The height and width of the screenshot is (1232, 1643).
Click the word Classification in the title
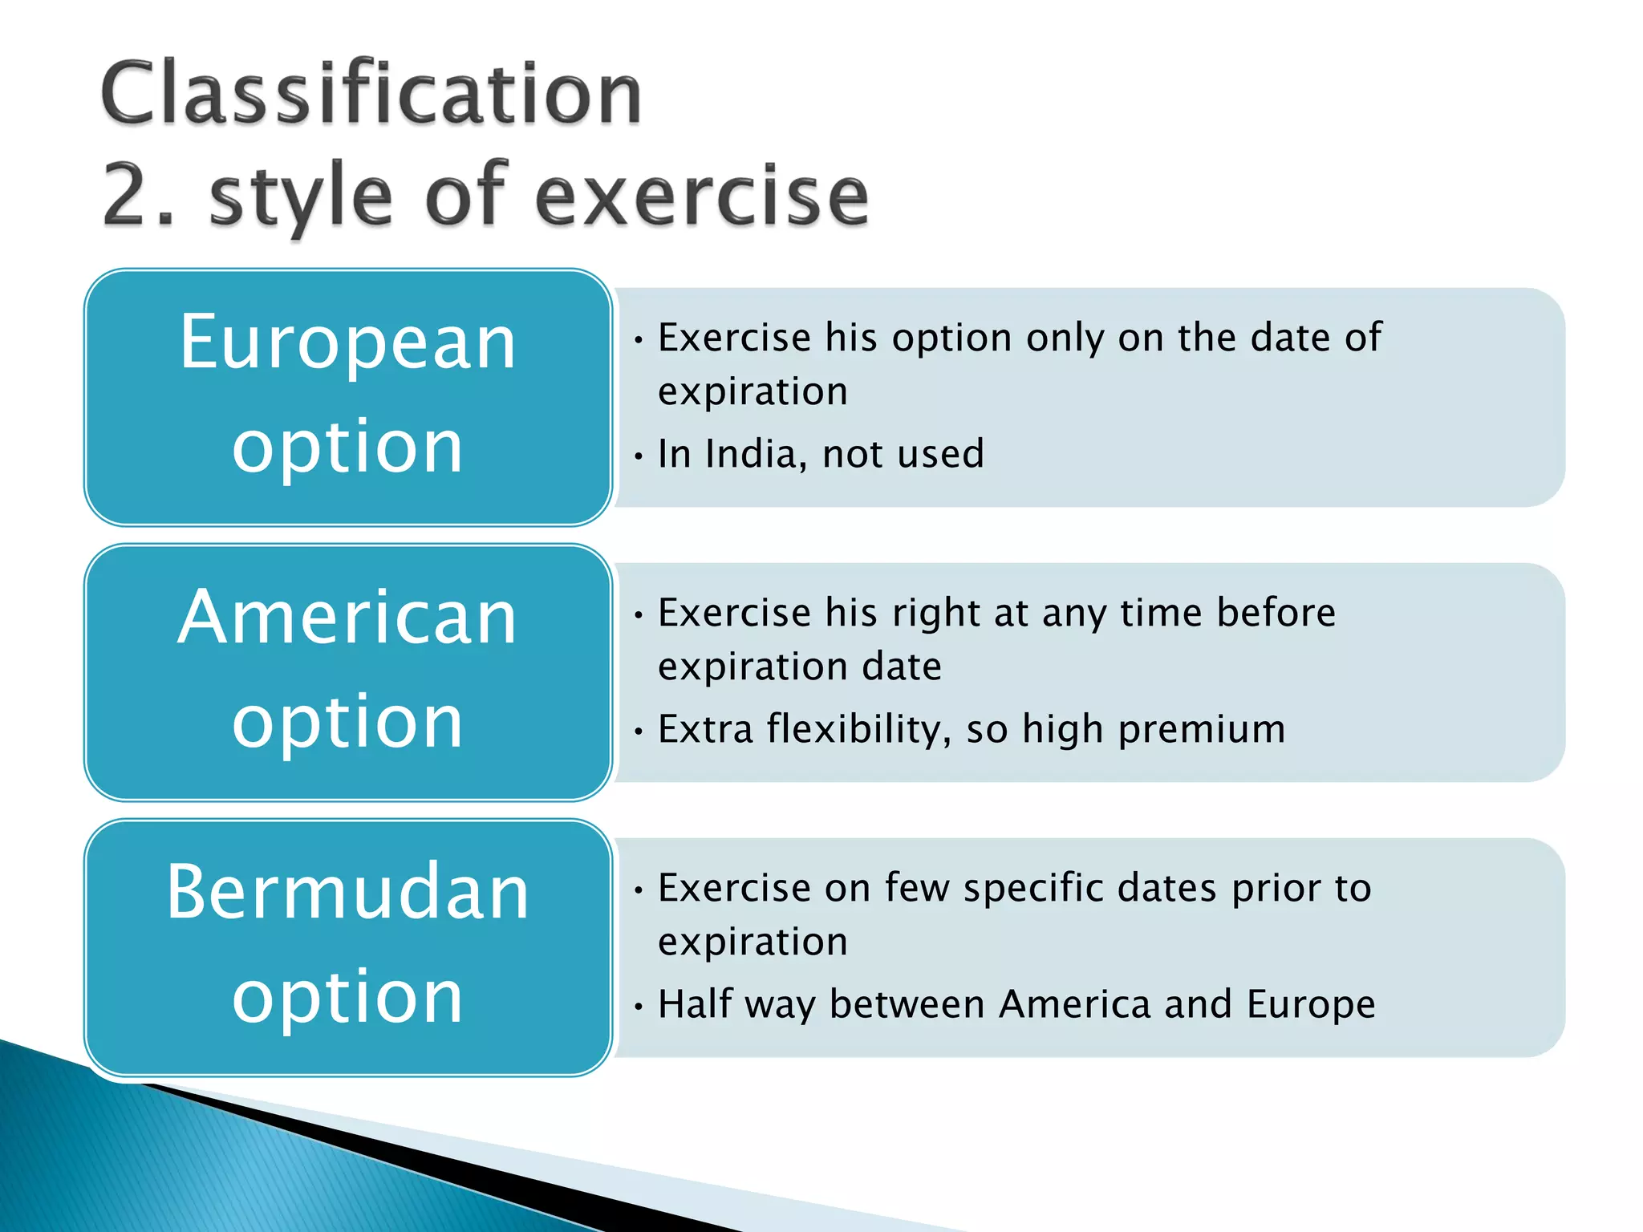click(x=371, y=95)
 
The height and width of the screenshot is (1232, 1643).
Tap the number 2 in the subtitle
click(x=128, y=194)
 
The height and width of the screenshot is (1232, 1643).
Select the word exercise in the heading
click(x=701, y=196)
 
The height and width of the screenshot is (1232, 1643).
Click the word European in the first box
click(x=347, y=343)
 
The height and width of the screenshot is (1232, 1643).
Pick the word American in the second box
click(x=347, y=618)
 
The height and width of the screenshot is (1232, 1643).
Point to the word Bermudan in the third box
click(x=347, y=892)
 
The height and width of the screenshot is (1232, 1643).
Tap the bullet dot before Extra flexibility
click(x=639, y=731)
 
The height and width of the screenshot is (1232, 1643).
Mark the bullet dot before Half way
click(x=639, y=1007)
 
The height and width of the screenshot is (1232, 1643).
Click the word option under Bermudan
click(x=347, y=998)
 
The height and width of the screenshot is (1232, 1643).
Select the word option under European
click(x=347, y=448)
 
